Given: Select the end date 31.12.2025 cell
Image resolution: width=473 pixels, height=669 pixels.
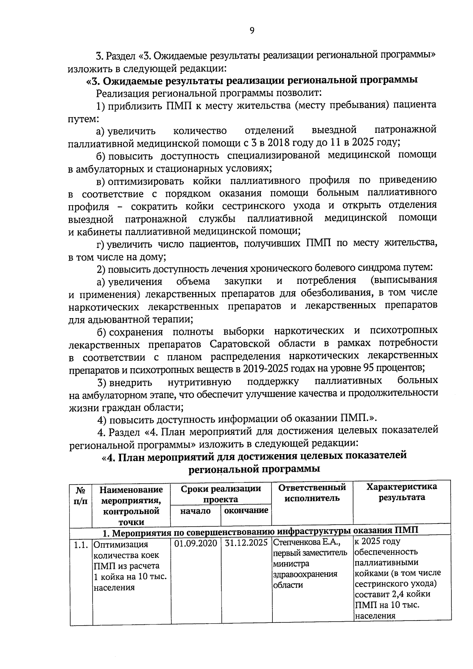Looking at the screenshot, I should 246,543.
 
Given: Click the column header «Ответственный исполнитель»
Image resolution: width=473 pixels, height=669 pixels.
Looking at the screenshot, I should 312,492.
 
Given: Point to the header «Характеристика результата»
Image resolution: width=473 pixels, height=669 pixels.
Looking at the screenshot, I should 402,492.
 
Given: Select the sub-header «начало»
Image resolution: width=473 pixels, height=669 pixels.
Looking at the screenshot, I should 196,511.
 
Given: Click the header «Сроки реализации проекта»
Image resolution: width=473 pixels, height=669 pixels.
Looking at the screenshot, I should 221,494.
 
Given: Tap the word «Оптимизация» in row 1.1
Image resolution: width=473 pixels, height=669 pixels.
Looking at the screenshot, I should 121,545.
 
